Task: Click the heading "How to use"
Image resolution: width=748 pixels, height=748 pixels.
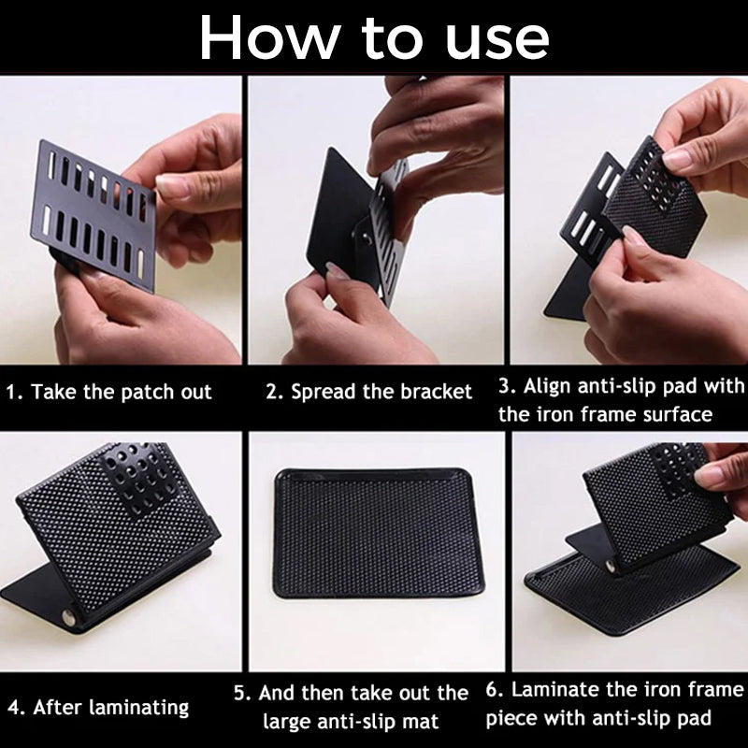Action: pos(374,37)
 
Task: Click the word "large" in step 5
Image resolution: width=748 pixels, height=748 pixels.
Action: pos(287,721)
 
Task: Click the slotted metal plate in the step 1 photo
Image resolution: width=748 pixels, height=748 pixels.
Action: pos(94,215)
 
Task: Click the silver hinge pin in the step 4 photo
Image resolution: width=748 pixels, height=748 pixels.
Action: pos(68,617)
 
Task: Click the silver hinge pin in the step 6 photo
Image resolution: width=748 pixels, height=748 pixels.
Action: pos(611,567)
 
